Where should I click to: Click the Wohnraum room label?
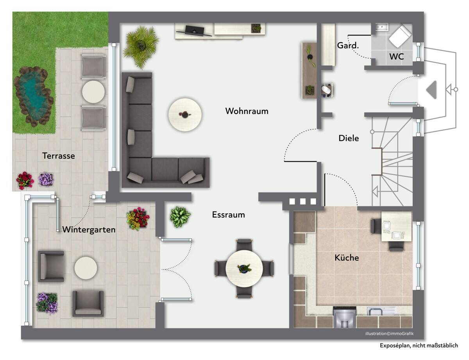point(247,111)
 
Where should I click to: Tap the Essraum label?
point(228,215)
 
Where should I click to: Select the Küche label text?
point(347,257)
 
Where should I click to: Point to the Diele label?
point(349,138)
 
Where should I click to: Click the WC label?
point(396,57)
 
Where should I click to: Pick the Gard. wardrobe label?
point(348,45)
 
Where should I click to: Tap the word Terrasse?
point(59,156)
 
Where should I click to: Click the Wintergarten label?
point(89,230)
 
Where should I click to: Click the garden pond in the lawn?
point(34,96)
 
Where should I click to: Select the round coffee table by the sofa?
point(185,115)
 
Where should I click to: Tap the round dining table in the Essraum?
point(244,268)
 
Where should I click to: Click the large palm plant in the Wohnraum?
point(141,46)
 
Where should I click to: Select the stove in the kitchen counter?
point(344,317)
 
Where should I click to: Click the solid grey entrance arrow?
point(431,90)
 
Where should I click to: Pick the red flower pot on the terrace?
point(25,181)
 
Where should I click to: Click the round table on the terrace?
point(93,92)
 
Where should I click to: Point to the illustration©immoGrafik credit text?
point(390,333)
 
